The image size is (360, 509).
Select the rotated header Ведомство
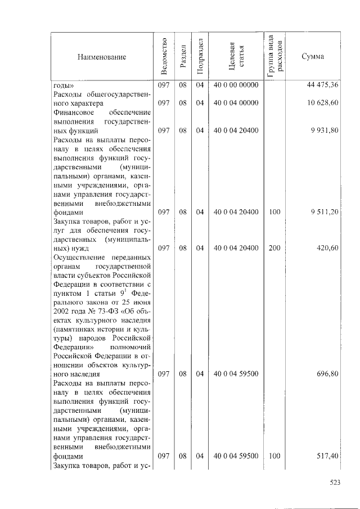click(x=164, y=56)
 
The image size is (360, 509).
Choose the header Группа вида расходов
click(x=275, y=57)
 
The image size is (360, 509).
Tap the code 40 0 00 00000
click(x=236, y=85)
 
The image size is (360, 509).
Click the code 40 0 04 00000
click(x=236, y=103)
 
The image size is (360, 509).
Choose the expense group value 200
click(x=274, y=248)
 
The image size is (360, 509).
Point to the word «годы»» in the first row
click(x=64, y=85)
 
